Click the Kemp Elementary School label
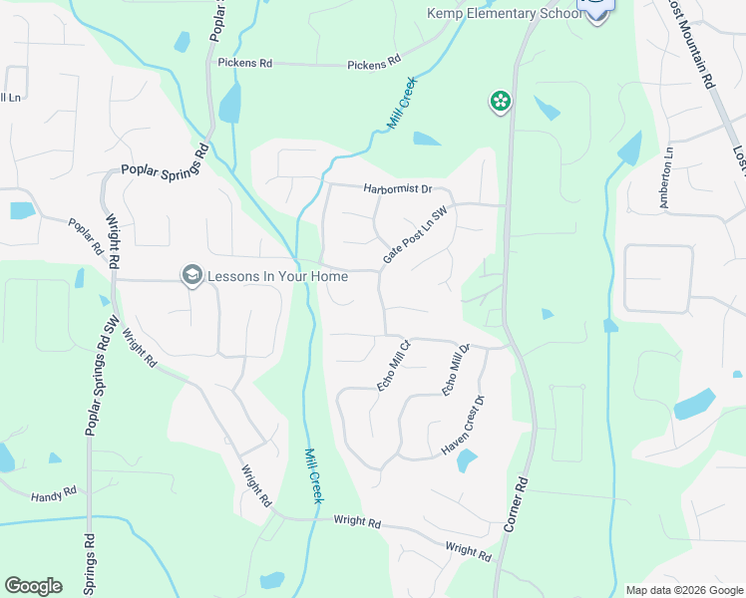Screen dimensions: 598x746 coord(504,14)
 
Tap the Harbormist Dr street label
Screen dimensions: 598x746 coord(397,187)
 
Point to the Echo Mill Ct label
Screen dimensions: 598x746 coord(393,367)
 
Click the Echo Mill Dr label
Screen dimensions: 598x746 coord(455,370)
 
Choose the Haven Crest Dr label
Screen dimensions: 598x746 coord(463,427)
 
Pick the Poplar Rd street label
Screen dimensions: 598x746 coord(86,233)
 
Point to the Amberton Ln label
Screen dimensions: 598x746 coord(666,178)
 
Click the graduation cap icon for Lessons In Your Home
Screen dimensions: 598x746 coord(191,276)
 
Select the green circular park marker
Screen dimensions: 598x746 coord(500,101)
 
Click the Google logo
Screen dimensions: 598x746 coord(33,586)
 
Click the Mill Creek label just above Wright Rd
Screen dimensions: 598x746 coord(313,474)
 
